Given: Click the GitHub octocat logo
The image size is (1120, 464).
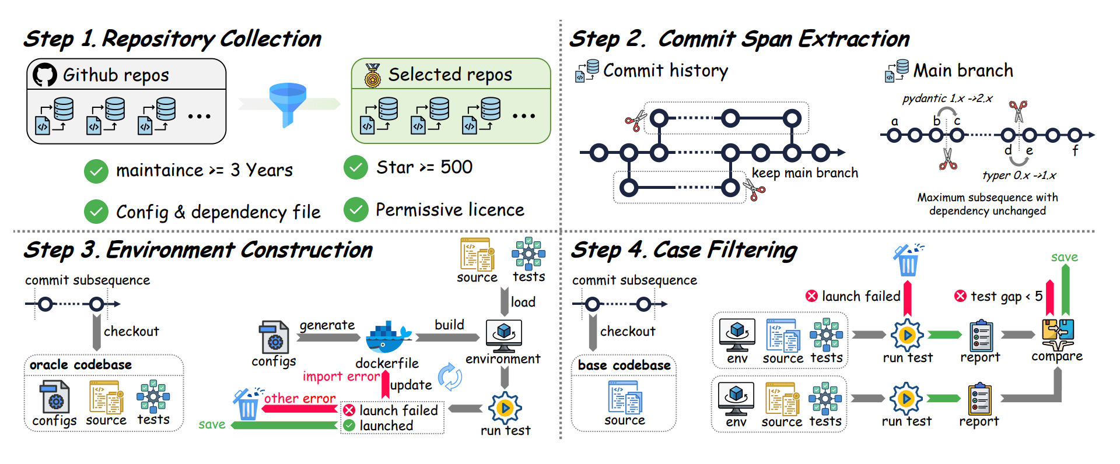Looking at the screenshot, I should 45,75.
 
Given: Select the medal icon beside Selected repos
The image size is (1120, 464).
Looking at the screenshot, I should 372,75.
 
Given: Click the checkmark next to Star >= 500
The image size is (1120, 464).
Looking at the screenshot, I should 356,167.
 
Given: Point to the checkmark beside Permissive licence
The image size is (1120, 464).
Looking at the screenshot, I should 356,210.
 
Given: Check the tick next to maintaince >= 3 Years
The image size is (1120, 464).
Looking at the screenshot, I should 96,171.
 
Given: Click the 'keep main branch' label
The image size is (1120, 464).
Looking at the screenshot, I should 804,173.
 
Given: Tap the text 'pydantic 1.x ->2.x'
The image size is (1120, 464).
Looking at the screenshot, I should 947,99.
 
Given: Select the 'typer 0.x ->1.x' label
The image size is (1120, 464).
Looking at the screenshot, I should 1019,175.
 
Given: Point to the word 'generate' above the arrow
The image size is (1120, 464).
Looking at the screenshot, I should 327,325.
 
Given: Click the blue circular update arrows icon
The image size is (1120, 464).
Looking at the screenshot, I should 450,377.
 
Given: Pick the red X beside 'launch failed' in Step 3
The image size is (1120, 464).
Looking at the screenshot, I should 349,410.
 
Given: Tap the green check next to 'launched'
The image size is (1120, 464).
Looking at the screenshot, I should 349,426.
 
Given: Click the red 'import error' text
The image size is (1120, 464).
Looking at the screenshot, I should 341,377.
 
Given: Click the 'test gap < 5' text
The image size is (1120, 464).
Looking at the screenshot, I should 1006,297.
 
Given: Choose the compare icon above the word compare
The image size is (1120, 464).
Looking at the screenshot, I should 1058,333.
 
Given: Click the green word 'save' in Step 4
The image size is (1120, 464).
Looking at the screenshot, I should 1064,257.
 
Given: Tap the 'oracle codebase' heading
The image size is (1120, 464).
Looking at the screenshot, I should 80,365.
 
